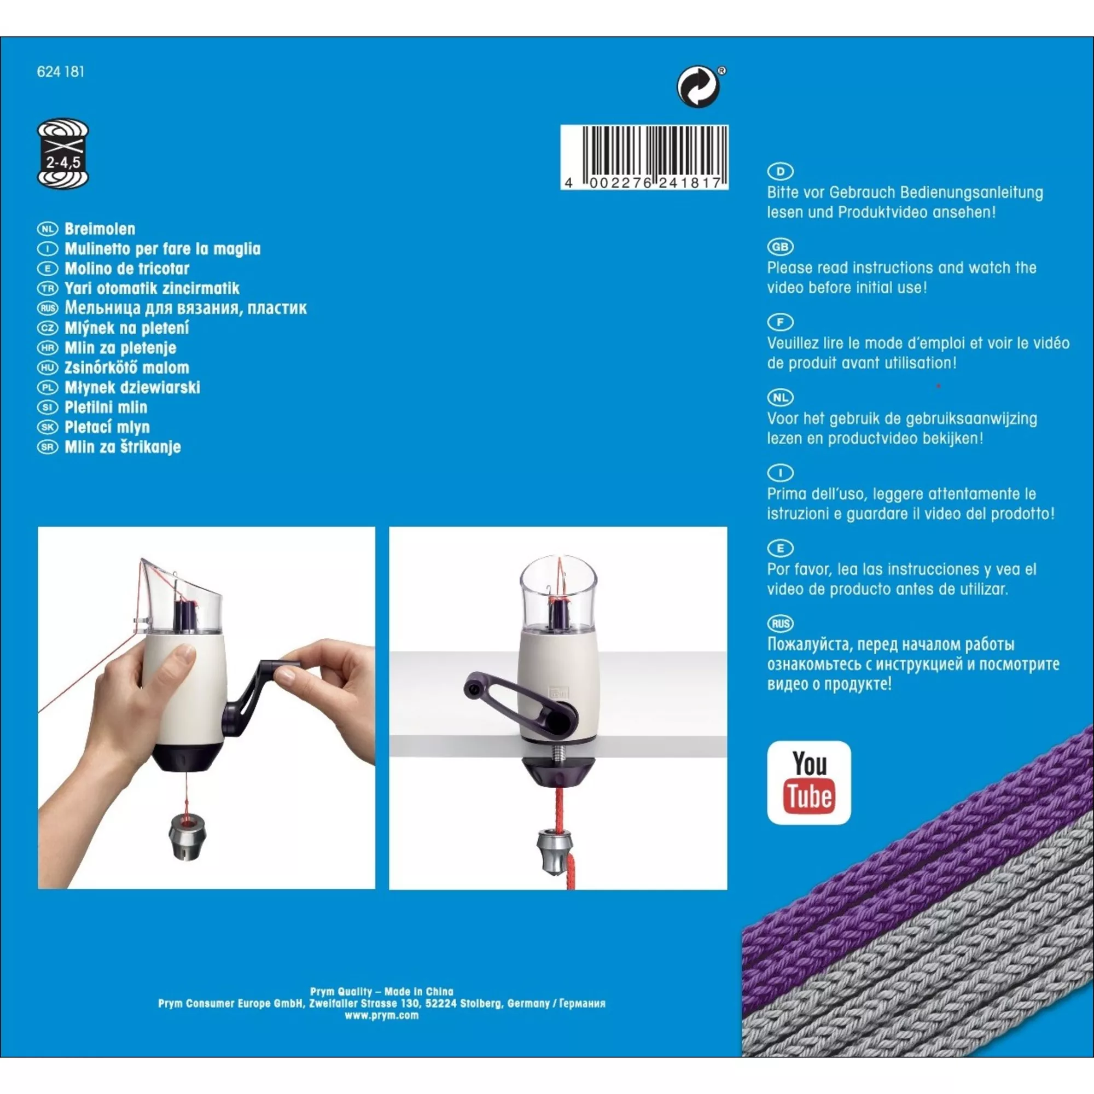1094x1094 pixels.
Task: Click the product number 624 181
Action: (x=61, y=72)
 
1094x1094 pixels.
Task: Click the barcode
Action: (x=644, y=158)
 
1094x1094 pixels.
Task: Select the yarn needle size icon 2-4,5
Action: (x=63, y=154)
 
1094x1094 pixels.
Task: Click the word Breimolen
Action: (x=100, y=229)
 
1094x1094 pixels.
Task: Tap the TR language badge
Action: (x=48, y=288)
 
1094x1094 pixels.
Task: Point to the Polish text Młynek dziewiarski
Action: (x=132, y=387)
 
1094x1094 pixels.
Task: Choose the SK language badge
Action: (x=48, y=427)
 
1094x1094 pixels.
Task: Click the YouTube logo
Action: (x=809, y=783)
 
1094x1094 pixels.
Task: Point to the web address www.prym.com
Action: (x=382, y=1015)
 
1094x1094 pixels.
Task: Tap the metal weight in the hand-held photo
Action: (x=187, y=836)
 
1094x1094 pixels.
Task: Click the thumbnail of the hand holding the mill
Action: (x=207, y=708)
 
